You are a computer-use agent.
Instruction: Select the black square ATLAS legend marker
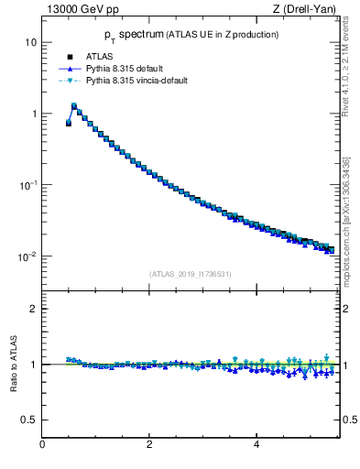click(x=70, y=57)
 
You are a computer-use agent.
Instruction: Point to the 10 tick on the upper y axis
click(x=30, y=43)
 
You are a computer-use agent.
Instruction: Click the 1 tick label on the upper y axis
click(x=33, y=115)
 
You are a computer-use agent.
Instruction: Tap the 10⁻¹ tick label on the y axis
click(x=28, y=185)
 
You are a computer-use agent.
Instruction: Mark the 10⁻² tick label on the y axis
click(x=28, y=256)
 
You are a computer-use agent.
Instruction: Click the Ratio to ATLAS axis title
click(x=14, y=365)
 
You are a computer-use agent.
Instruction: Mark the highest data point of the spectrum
click(x=74, y=106)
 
